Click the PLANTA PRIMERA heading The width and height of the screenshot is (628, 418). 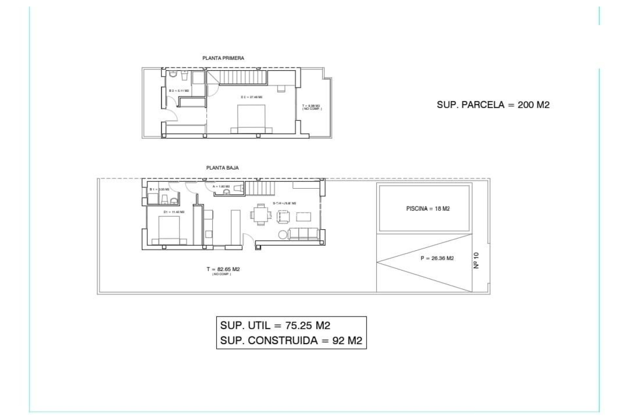(x=223, y=58)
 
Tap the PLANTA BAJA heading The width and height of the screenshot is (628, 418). (x=222, y=168)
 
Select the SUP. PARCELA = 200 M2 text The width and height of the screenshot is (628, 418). (x=493, y=105)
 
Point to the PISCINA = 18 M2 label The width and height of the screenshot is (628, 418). (x=428, y=209)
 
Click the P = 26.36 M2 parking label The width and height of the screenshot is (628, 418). (x=437, y=258)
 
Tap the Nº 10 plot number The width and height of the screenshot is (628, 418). (x=476, y=260)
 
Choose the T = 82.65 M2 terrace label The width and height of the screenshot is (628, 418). (x=223, y=269)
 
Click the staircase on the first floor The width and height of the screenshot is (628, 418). (x=243, y=77)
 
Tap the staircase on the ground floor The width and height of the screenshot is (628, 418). (x=259, y=188)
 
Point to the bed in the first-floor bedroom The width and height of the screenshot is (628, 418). (x=251, y=118)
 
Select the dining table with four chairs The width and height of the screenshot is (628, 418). (x=261, y=215)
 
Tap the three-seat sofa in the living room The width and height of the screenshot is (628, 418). (x=304, y=234)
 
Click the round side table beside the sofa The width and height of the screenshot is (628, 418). (x=283, y=234)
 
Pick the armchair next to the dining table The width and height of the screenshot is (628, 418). (x=283, y=217)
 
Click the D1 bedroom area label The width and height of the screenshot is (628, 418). (x=174, y=212)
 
